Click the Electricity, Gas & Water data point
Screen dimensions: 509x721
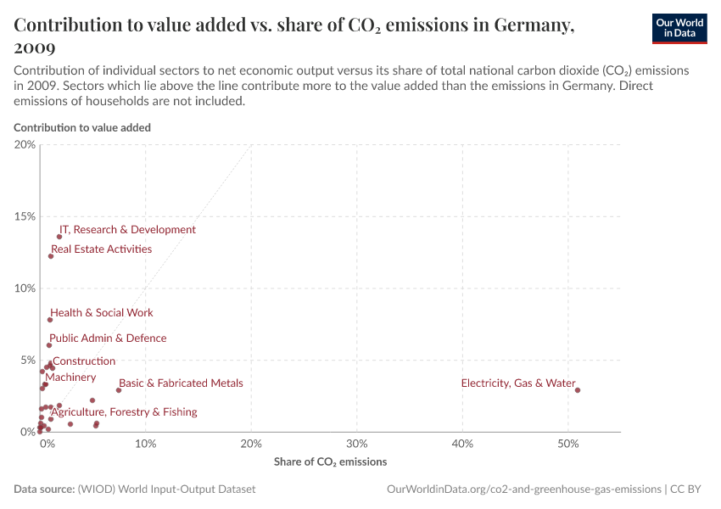[578, 390]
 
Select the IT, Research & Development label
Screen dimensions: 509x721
[127, 230]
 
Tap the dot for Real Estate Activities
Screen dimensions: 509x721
[51, 256]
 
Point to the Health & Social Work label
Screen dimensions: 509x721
[102, 313]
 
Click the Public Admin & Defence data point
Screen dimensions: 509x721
[49, 345]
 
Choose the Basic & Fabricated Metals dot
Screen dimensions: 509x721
[119, 390]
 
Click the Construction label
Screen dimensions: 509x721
[84, 361]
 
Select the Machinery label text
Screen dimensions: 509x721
[70, 378]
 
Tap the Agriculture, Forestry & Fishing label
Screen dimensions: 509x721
[124, 412]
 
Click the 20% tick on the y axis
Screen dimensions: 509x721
[25, 145]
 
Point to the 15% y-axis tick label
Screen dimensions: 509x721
[25, 216]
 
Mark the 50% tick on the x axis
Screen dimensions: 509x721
[568, 444]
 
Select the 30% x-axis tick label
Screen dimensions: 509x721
[357, 444]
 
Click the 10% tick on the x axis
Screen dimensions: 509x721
[146, 444]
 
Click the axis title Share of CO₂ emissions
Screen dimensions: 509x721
[330, 462]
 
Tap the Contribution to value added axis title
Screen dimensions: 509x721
[82, 127]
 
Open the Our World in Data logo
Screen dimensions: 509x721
[679, 27]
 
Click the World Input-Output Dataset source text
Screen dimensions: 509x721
[166, 489]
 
